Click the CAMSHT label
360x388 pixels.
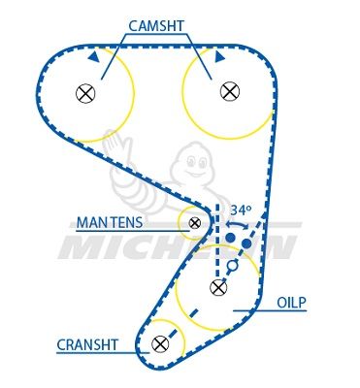(156, 26)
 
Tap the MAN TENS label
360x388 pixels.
(111, 222)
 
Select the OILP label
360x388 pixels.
(291, 303)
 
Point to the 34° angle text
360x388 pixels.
(240, 210)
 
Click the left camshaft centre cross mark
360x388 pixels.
(85, 93)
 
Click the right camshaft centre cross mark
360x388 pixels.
(229, 90)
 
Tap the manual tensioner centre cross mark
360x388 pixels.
(195, 223)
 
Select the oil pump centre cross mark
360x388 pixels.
(218, 288)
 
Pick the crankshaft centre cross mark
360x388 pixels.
(160, 343)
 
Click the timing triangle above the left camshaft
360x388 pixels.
(93, 58)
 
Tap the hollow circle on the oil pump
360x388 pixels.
(231, 264)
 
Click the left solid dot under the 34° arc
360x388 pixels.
(230, 237)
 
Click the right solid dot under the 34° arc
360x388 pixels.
(247, 243)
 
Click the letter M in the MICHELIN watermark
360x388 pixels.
(82, 248)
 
